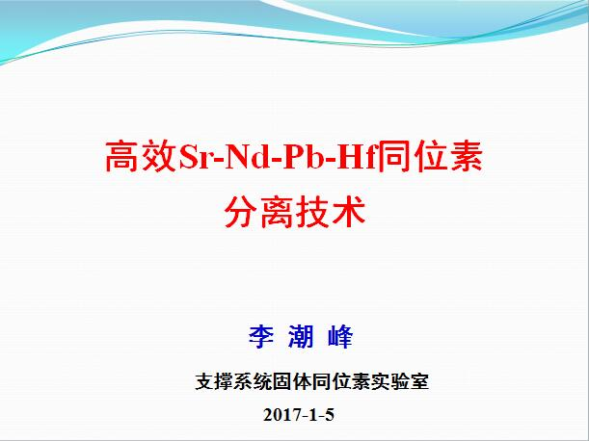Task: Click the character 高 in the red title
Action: (122, 157)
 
